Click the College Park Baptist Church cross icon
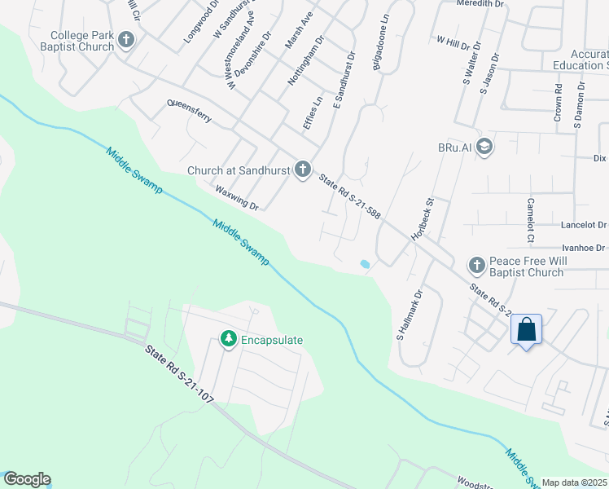126,38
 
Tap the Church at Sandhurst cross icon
302,170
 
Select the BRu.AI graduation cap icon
484,146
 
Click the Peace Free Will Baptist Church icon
476,265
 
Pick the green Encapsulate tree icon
229,338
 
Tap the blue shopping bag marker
527,330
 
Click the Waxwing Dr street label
237,197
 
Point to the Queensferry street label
189,111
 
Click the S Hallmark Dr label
410,315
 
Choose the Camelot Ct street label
531,220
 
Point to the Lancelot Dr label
584,225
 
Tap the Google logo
26,479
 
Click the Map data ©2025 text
575,482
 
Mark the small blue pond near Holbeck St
364,264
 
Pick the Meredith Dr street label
480,4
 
